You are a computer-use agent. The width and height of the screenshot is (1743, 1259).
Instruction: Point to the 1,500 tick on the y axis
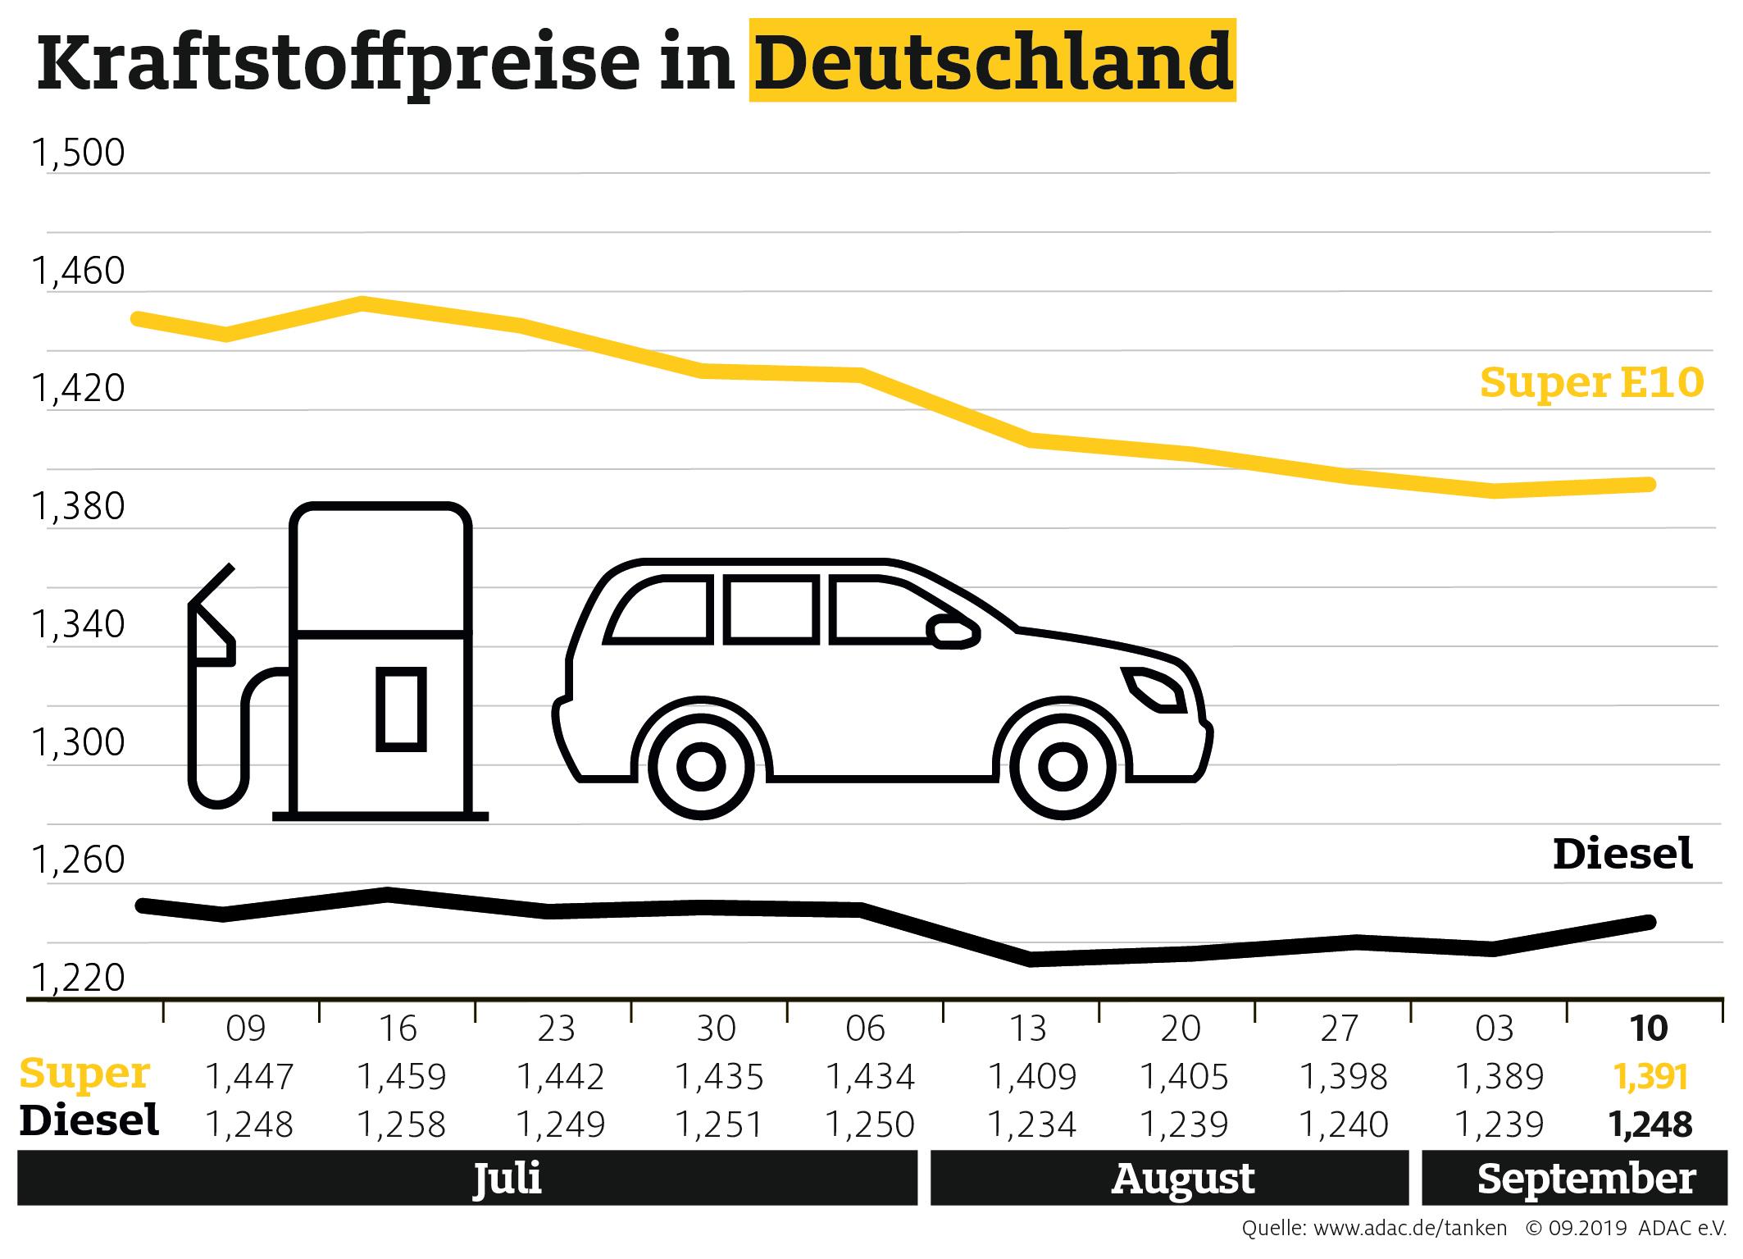pos(78,153)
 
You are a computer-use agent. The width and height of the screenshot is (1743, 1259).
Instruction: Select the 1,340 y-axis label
pos(78,625)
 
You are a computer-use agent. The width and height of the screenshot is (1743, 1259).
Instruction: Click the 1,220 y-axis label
pos(78,978)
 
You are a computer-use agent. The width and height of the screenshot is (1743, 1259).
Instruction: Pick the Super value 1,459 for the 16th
pos(402,1076)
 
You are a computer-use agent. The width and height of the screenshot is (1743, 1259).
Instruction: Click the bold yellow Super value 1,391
pos(1650,1076)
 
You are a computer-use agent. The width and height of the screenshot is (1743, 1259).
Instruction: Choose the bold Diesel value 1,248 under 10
pos(1650,1124)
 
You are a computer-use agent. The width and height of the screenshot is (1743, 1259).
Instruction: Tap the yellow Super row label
pos(85,1074)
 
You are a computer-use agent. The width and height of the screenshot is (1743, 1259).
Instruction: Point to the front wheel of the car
pos(1063,767)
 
